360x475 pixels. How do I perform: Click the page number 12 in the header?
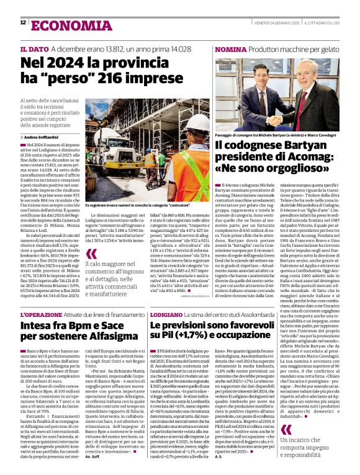click(x=23, y=23)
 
